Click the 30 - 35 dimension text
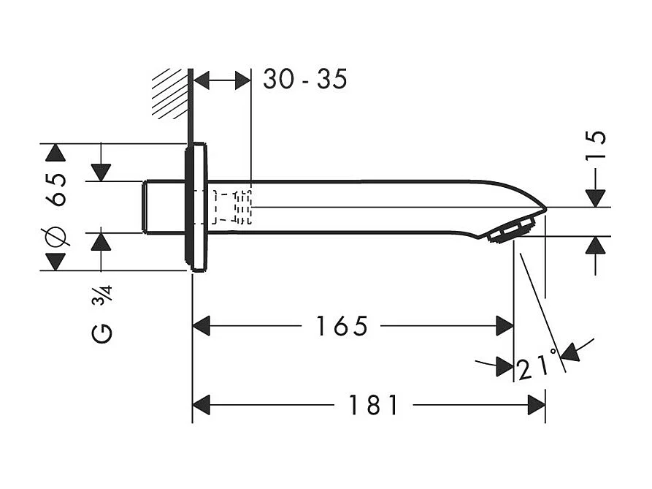click(304, 79)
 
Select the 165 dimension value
click(341, 326)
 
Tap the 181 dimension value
click(373, 405)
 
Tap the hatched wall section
click(169, 94)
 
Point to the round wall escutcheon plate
click(198, 207)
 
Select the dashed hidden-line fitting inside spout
click(232, 207)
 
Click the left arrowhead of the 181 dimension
click(202, 405)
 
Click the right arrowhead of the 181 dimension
click(537, 405)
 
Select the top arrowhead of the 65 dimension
click(55, 153)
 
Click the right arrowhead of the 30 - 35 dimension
click(242, 80)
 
